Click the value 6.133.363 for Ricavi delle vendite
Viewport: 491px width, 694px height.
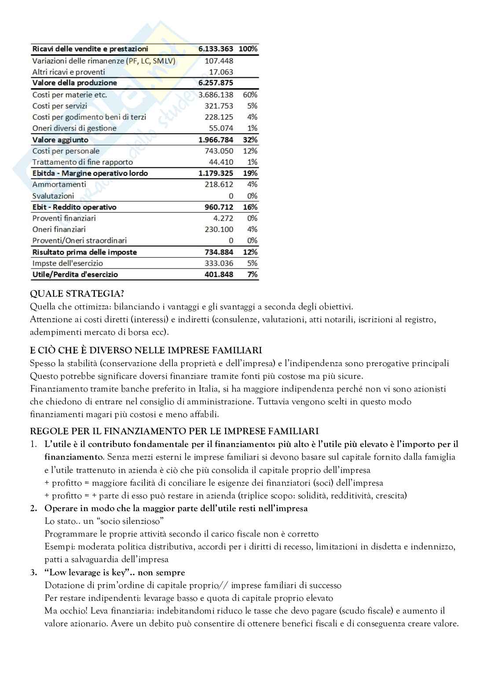(x=216, y=49)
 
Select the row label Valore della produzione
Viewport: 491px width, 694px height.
(x=75, y=83)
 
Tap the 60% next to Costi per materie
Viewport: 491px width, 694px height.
(x=250, y=94)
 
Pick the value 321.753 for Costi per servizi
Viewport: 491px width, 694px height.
(x=219, y=106)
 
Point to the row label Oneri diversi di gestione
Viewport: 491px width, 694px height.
(x=74, y=128)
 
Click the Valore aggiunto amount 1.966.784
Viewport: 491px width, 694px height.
(x=216, y=140)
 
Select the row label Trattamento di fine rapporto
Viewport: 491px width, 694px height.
(x=82, y=162)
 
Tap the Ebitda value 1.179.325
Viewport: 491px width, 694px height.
(x=216, y=173)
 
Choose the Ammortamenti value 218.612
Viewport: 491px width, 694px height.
(x=219, y=185)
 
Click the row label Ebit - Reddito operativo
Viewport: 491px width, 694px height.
(x=74, y=207)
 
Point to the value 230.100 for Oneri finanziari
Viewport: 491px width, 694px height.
(x=219, y=229)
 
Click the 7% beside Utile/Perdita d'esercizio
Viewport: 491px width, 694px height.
(x=253, y=274)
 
